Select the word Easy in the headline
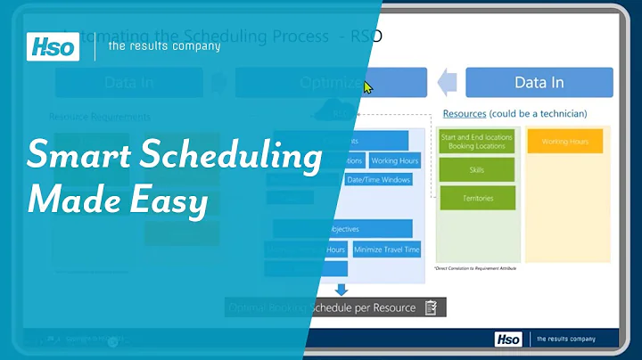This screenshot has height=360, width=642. tap(170, 200)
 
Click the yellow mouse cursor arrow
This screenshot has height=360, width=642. tap(368, 87)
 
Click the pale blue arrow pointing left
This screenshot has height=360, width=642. tap(446, 83)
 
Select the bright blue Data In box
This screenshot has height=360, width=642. tap(539, 83)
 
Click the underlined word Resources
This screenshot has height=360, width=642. tap(465, 114)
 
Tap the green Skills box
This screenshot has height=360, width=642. tap(476, 169)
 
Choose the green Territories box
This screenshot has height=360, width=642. tap(476, 199)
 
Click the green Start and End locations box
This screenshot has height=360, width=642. tap(476, 142)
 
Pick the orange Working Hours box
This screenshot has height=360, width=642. tap(564, 141)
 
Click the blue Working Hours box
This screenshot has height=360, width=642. tap(395, 161)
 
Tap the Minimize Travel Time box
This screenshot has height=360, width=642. tap(386, 250)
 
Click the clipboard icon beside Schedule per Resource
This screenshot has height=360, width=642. tap(432, 307)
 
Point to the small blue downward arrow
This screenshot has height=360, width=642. tap(340, 289)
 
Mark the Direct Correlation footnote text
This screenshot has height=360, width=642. tap(476, 267)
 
